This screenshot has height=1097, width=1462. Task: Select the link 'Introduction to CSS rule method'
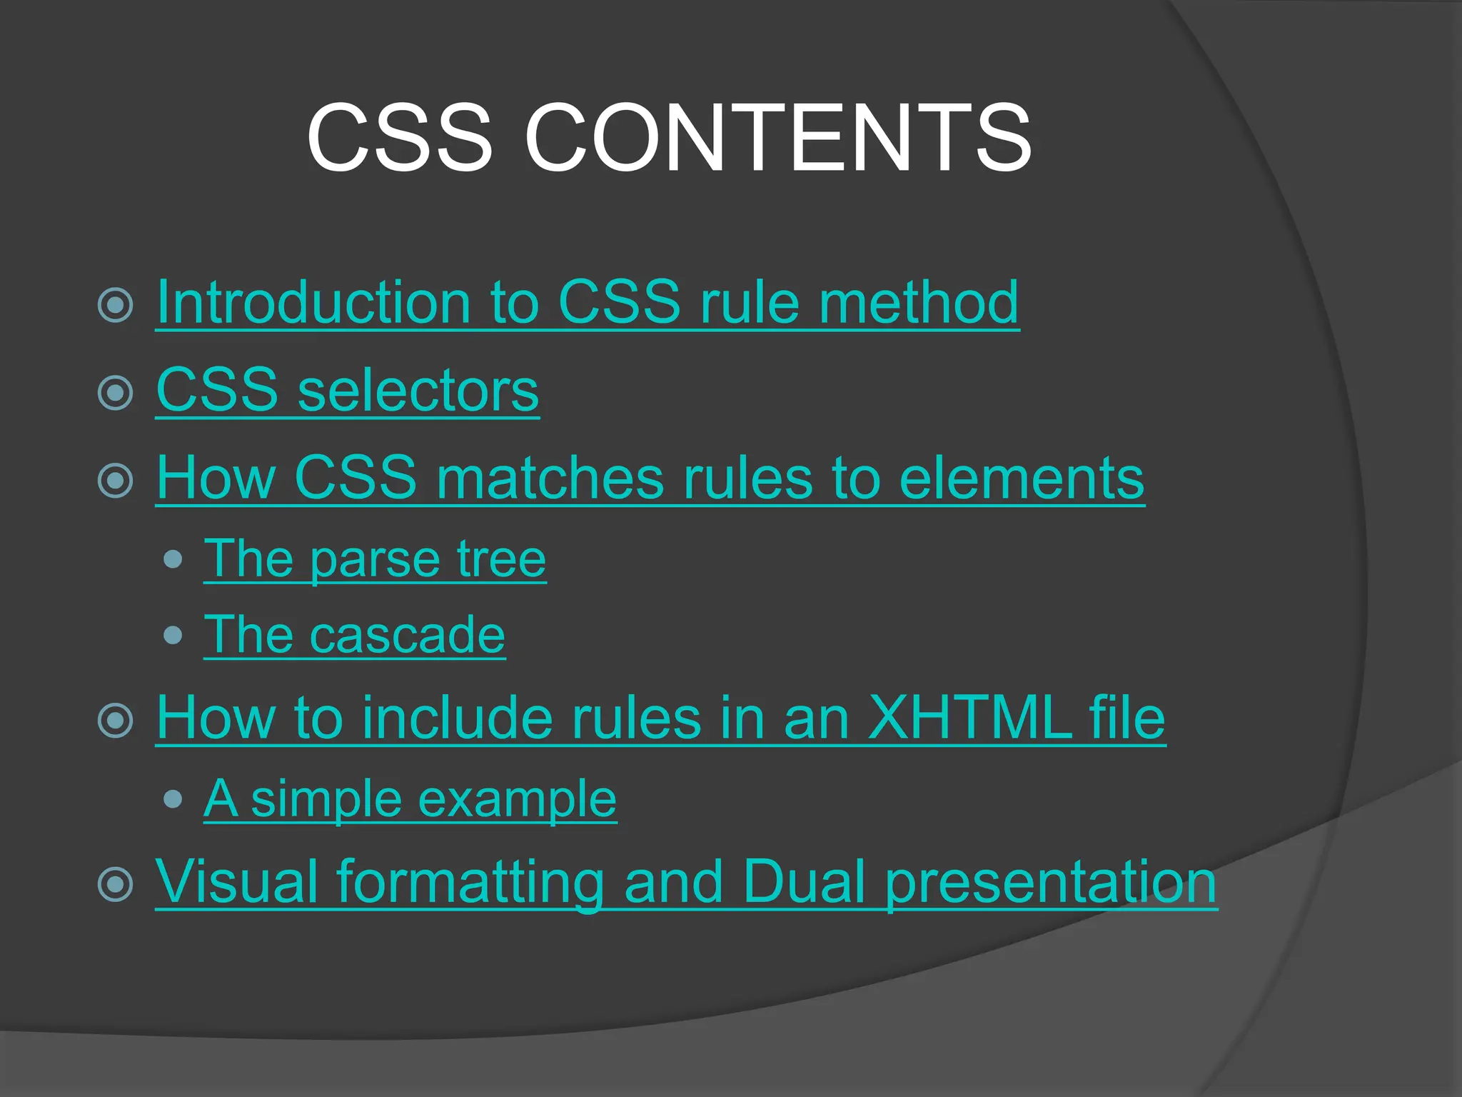click(587, 303)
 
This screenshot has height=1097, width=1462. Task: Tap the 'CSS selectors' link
click(347, 391)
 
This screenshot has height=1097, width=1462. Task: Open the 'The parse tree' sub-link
click(375, 558)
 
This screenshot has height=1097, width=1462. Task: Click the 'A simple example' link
click(410, 798)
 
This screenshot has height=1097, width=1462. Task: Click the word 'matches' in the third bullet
click(550, 478)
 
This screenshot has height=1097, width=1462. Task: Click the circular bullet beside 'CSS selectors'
click(116, 392)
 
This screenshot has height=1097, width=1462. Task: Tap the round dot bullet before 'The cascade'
click(173, 635)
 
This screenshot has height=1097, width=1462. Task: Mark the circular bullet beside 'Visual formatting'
click(116, 884)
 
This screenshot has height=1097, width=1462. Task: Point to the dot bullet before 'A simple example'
click(173, 798)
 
